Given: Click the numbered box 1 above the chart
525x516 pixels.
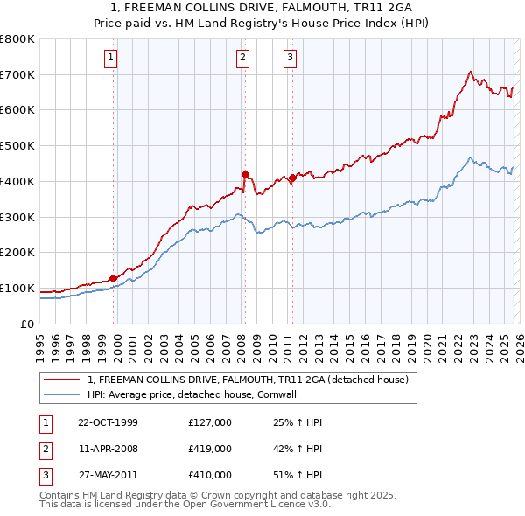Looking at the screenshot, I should [112, 59].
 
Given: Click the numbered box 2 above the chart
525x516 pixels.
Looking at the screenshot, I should [242, 59].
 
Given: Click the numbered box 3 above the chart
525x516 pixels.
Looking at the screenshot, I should [290, 59].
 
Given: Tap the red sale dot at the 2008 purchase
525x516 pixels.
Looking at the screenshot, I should [245, 174].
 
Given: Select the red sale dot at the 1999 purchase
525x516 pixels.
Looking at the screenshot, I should [114, 278].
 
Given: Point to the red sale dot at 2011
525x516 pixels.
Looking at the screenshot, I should [292, 178].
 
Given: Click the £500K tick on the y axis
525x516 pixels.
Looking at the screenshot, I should [17, 146].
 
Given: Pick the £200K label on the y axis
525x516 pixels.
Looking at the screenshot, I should [17, 253].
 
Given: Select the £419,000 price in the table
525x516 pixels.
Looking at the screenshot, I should [209, 449].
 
